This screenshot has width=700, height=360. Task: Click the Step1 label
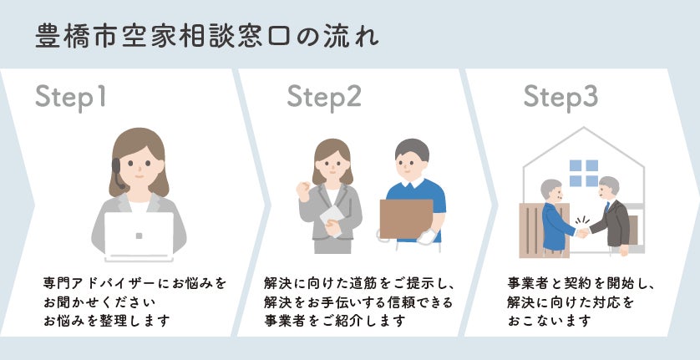(x=72, y=98)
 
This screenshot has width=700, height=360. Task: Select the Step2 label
(x=324, y=98)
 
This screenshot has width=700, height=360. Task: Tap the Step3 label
(x=561, y=98)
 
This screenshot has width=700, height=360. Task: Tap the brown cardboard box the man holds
(x=407, y=218)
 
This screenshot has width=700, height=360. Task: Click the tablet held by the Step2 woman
(x=331, y=219)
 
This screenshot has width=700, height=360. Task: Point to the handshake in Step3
(x=582, y=231)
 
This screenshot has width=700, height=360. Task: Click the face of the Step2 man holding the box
(x=412, y=166)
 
